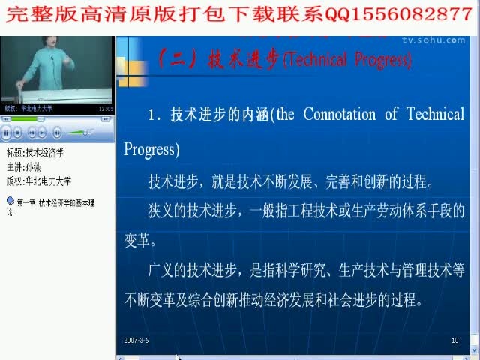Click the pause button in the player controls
(7, 133)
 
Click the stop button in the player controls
(18, 133)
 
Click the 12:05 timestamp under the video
(105, 108)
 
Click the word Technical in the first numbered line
(435, 114)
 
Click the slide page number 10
(454, 340)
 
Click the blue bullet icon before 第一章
(10, 201)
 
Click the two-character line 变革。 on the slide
(140, 242)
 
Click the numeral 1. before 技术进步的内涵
(155, 115)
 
